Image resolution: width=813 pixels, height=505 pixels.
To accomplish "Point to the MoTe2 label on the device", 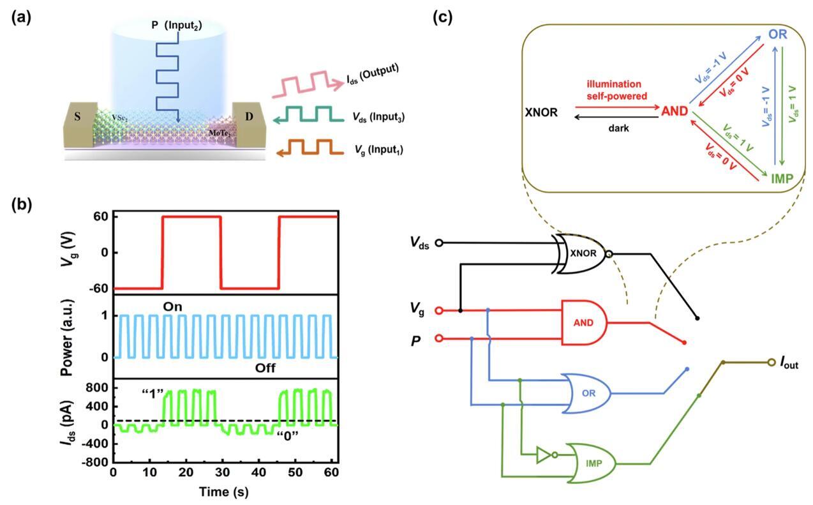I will [x=221, y=133].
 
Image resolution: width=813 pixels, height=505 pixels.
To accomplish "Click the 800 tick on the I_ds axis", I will [x=97, y=388].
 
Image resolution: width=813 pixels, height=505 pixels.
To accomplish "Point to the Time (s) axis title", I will [x=223, y=492].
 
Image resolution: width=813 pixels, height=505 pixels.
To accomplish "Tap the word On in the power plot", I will [x=172, y=307].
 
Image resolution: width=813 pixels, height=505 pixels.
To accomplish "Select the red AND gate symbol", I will [x=583, y=323].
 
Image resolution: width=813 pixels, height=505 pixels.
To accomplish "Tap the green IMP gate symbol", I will [x=593, y=462].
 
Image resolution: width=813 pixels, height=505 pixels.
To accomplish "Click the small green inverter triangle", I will [x=543, y=455].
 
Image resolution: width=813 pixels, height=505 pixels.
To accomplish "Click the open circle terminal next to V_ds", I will [x=438, y=243].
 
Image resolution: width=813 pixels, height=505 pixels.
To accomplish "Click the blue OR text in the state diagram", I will [x=777, y=34].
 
